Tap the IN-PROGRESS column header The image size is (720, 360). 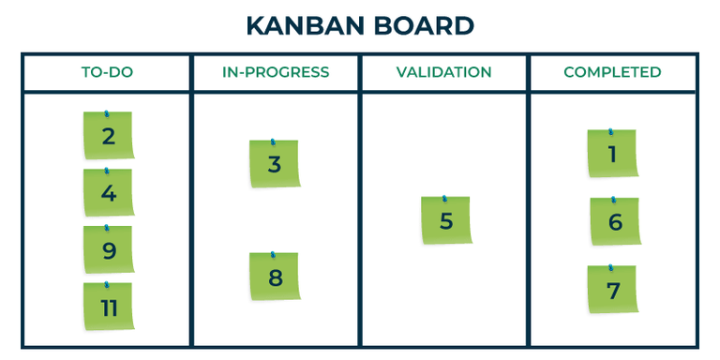click(x=276, y=72)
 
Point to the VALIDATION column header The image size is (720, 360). click(x=443, y=72)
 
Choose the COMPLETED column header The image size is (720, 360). click(x=612, y=72)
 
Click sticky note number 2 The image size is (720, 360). click(x=109, y=137)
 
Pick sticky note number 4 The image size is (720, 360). click(x=109, y=194)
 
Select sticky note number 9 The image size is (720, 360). click(x=109, y=250)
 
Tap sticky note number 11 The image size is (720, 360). click(x=109, y=307)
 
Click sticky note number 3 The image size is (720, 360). click(x=274, y=165)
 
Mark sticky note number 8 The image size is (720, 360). click(x=274, y=277)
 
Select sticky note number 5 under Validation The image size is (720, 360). click(x=445, y=221)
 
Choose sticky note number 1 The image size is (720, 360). click(x=612, y=155)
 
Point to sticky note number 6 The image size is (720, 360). click(x=614, y=222)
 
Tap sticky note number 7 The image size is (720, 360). click(x=612, y=291)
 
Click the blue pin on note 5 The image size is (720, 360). click(x=443, y=200)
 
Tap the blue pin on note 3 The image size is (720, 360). click(x=272, y=143)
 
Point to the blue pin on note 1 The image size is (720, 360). click(x=610, y=132)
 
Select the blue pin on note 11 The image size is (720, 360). click(x=106, y=285)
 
